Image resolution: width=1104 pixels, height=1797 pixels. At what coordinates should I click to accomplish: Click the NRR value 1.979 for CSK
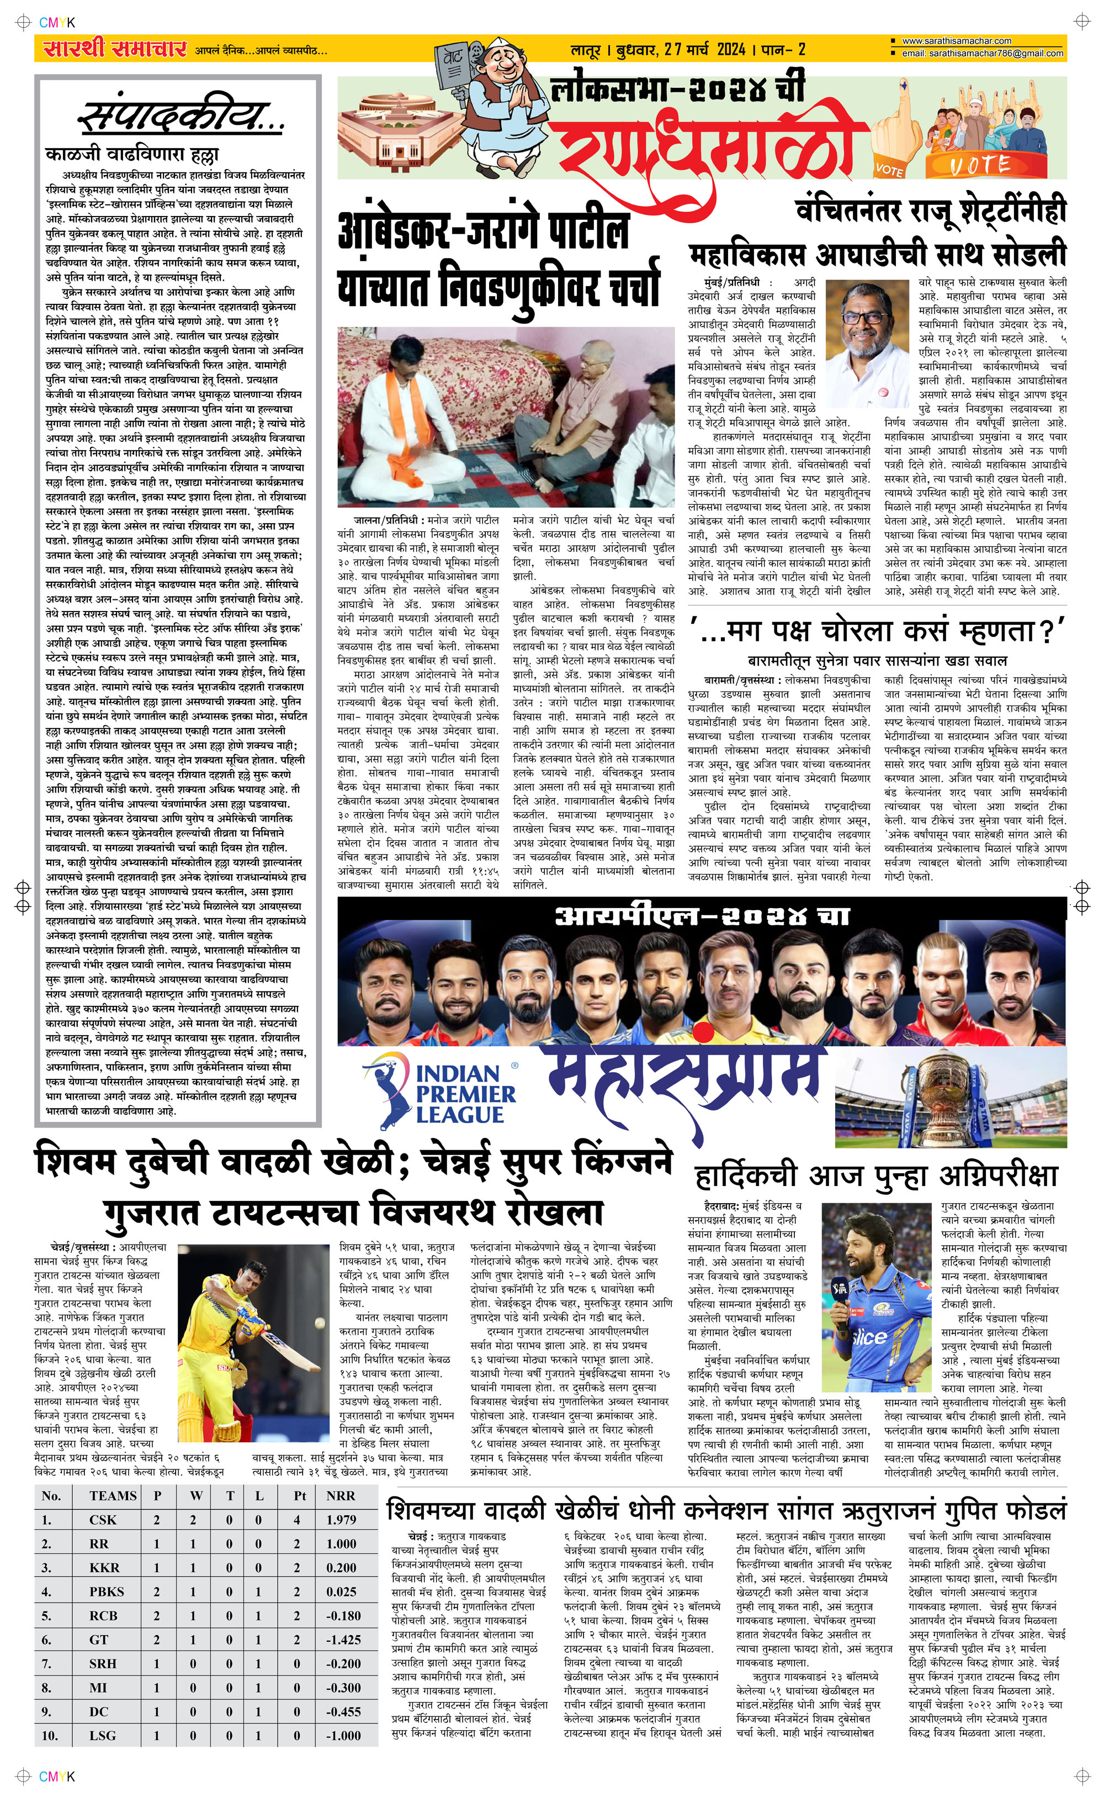[341, 1520]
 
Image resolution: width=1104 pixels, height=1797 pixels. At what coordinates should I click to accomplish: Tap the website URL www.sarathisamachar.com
[957, 41]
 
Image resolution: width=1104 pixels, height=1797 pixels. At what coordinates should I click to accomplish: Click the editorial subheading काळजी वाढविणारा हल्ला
[131, 155]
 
